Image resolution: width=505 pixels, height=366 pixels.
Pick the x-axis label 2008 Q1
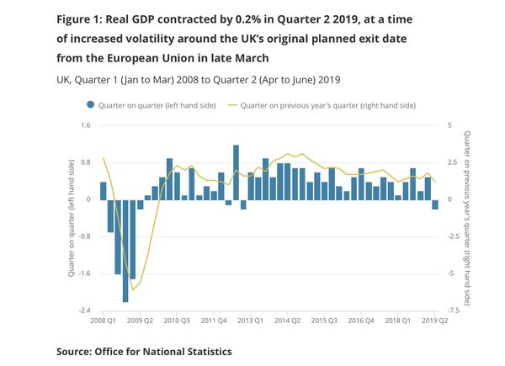point(103,321)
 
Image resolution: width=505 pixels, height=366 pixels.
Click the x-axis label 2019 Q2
point(434,321)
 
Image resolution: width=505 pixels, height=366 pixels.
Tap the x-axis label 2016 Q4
point(361,321)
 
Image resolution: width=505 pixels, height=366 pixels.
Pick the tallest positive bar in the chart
point(236,172)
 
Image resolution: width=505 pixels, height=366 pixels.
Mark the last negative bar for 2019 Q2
point(435,204)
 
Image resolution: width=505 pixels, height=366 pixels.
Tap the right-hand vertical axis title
point(468,217)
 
